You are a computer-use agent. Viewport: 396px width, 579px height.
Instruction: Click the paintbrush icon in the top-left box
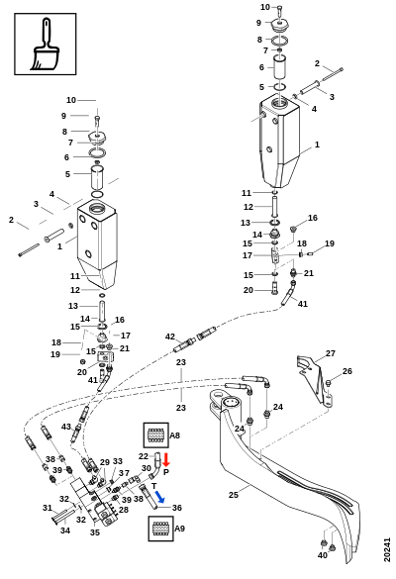click(x=45, y=44)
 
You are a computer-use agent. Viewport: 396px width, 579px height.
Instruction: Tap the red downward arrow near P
click(x=166, y=459)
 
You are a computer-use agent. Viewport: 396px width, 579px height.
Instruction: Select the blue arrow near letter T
click(x=159, y=496)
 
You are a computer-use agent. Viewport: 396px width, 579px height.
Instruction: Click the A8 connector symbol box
click(x=155, y=435)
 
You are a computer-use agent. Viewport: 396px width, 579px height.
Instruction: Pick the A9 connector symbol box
click(x=160, y=529)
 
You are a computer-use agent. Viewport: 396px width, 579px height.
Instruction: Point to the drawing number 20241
click(x=387, y=550)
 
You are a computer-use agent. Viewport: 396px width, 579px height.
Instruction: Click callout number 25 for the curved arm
click(x=234, y=495)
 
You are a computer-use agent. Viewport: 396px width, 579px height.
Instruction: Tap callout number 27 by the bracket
click(x=331, y=353)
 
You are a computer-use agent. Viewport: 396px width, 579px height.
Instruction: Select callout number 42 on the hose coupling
click(x=170, y=337)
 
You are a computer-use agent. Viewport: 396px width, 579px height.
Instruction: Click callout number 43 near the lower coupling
click(x=66, y=427)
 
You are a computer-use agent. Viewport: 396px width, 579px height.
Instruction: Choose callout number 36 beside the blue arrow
click(x=177, y=508)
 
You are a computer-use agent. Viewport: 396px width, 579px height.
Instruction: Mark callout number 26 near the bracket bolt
click(x=347, y=371)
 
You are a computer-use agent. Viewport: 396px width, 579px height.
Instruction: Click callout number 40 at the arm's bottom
click(x=323, y=555)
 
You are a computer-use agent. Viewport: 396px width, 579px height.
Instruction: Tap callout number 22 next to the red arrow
click(x=144, y=456)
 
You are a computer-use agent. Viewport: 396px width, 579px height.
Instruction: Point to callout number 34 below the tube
click(x=65, y=531)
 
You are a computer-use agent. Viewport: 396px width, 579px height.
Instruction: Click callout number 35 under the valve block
click(x=95, y=532)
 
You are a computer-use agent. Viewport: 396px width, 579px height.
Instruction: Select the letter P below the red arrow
click(x=166, y=472)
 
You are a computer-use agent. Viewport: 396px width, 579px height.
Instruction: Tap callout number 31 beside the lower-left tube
click(x=48, y=508)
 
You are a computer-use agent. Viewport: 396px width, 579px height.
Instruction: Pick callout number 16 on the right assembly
click(x=313, y=218)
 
